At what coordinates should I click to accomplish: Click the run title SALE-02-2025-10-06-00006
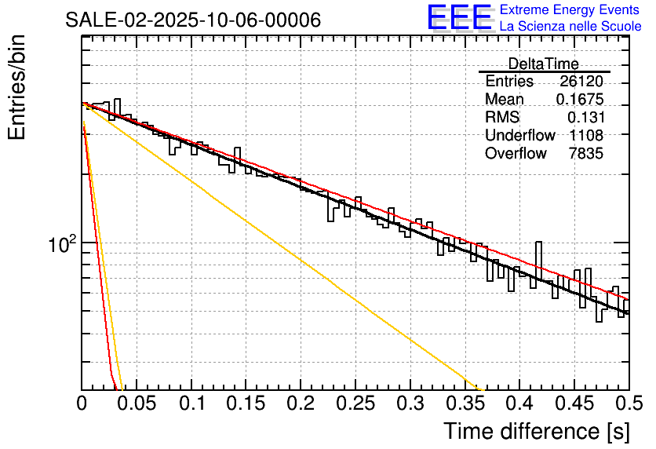(x=193, y=20)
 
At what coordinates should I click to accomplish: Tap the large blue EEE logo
(x=459, y=17)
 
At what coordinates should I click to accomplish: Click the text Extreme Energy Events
(x=570, y=10)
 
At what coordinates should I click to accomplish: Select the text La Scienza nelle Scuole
(x=570, y=27)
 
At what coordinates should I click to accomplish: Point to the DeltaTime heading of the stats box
(x=543, y=64)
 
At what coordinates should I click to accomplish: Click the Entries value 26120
(x=581, y=82)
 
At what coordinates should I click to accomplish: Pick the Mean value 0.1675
(x=579, y=100)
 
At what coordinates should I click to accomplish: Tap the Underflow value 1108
(x=585, y=136)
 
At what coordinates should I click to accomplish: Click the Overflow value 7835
(x=585, y=154)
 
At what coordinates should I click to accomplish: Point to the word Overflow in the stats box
(x=516, y=154)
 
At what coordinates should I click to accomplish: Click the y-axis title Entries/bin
(x=17, y=88)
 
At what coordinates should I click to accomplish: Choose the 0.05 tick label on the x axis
(x=137, y=404)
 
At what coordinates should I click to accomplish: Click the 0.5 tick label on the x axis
(x=628, y=404)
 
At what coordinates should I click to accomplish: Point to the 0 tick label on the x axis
(x=82, y=404)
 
